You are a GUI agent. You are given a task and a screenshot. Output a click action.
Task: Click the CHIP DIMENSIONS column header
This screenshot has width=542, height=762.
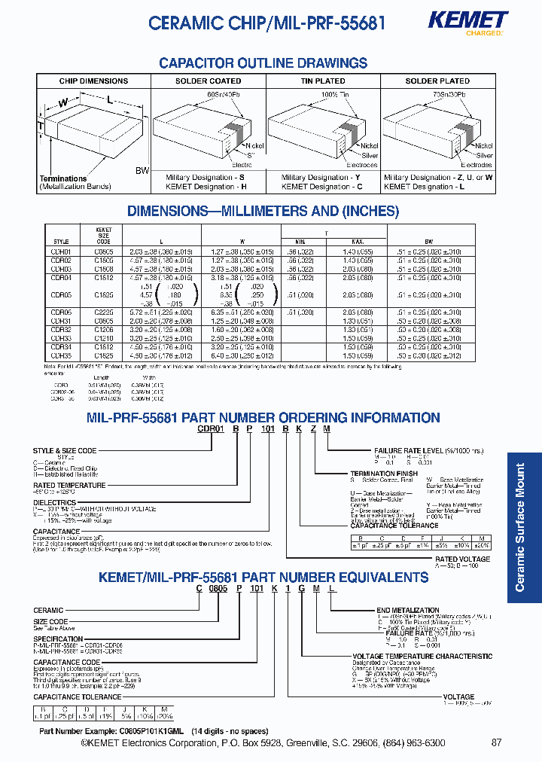[x=93, y=81]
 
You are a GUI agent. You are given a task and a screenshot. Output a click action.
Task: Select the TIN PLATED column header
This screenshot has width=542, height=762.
[x=322, y=81]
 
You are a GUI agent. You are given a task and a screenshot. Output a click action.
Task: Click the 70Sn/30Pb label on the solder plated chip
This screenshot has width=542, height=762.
[x=449, y=93]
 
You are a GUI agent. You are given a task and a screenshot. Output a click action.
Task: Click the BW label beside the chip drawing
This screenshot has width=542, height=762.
[x=142, y=171]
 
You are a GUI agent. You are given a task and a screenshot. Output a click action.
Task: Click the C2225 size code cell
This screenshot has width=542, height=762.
[x=104, y=311]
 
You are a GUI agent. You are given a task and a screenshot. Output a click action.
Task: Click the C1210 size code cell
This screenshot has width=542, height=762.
[x=104, y=337]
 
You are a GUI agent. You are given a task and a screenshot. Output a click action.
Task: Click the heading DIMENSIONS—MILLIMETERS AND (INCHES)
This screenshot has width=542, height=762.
[x=263, y=212]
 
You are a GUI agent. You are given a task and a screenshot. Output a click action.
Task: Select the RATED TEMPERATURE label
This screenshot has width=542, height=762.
[x=69, y=486]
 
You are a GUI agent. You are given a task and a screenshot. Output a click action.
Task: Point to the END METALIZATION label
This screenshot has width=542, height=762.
[x=407, y=610]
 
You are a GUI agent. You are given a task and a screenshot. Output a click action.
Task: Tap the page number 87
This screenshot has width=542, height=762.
[x=495, y=743]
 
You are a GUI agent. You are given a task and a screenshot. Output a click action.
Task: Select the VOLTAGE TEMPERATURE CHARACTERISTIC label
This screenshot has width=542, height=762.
[x=422, y=657]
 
